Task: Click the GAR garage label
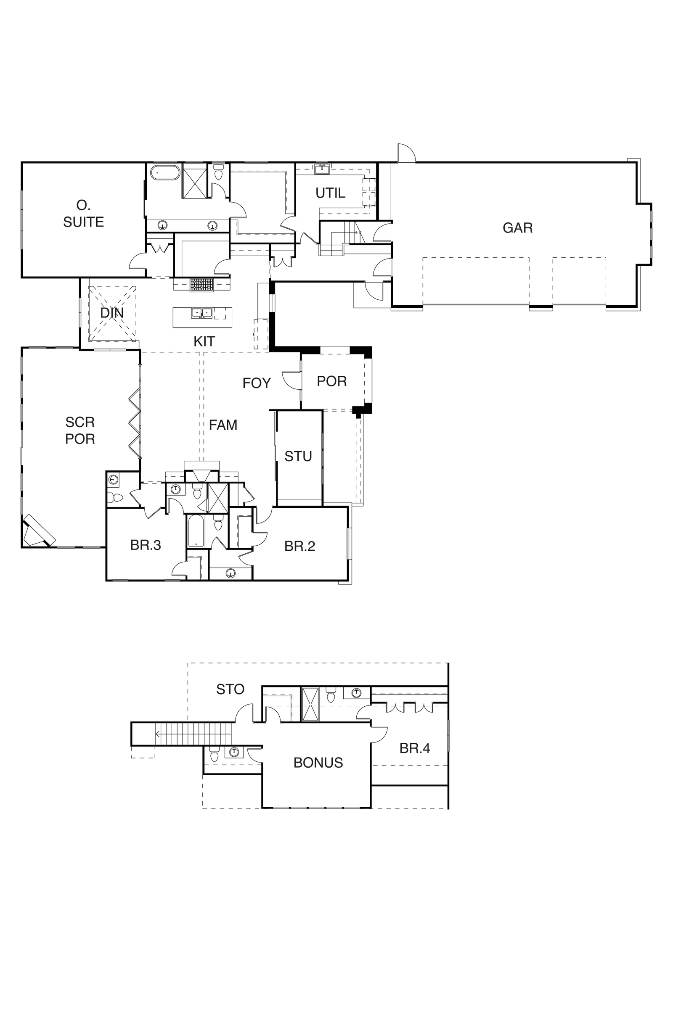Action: click(x=518, y=228)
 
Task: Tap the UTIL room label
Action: click(x=330, y=193)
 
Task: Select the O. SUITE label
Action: click(x=83, y=214)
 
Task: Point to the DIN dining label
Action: click(x=112, y=313)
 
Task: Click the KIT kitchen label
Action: click(x=204, y=341)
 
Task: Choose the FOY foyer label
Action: click(x=257, y=383)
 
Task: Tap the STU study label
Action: click(x=298, y=456)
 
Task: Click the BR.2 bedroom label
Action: click(x=299, y=546)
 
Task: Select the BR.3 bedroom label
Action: click(x=146, y=545)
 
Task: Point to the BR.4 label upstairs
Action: click(x=415, y=748)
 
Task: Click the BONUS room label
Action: click(x=318, y=763)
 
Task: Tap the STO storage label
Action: click(x=230, y=689)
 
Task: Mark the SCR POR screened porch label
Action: click(x=80, y=430)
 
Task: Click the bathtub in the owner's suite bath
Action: click(x=164, y=172)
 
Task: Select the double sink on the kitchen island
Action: click(x=202, y=313)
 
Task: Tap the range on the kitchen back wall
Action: click(x=202, y=285)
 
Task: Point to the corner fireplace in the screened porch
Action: click(x=38, y=531)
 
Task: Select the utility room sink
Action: click(x=322, y=169)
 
